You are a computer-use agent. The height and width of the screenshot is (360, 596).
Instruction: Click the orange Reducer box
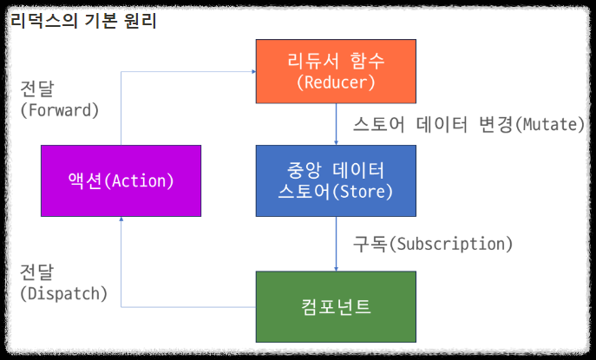pos(335,72)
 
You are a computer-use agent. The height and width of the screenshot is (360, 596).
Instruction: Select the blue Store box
pos(335,180)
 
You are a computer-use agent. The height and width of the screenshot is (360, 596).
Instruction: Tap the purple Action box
pos(121,180)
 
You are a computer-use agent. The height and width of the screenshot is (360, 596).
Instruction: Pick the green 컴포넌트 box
pos(335,306)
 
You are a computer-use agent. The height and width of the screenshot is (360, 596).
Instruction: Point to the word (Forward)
pos(59,111)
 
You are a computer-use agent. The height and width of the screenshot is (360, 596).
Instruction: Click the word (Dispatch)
pos(63,293)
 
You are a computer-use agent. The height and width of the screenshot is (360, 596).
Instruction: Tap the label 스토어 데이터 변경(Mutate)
pos(469,124)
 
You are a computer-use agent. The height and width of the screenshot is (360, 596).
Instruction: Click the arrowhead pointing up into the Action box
pos(121,221)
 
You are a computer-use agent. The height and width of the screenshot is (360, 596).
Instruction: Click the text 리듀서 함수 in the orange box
pos(335,61)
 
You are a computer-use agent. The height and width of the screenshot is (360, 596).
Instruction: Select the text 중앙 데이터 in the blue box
pos(335,169)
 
